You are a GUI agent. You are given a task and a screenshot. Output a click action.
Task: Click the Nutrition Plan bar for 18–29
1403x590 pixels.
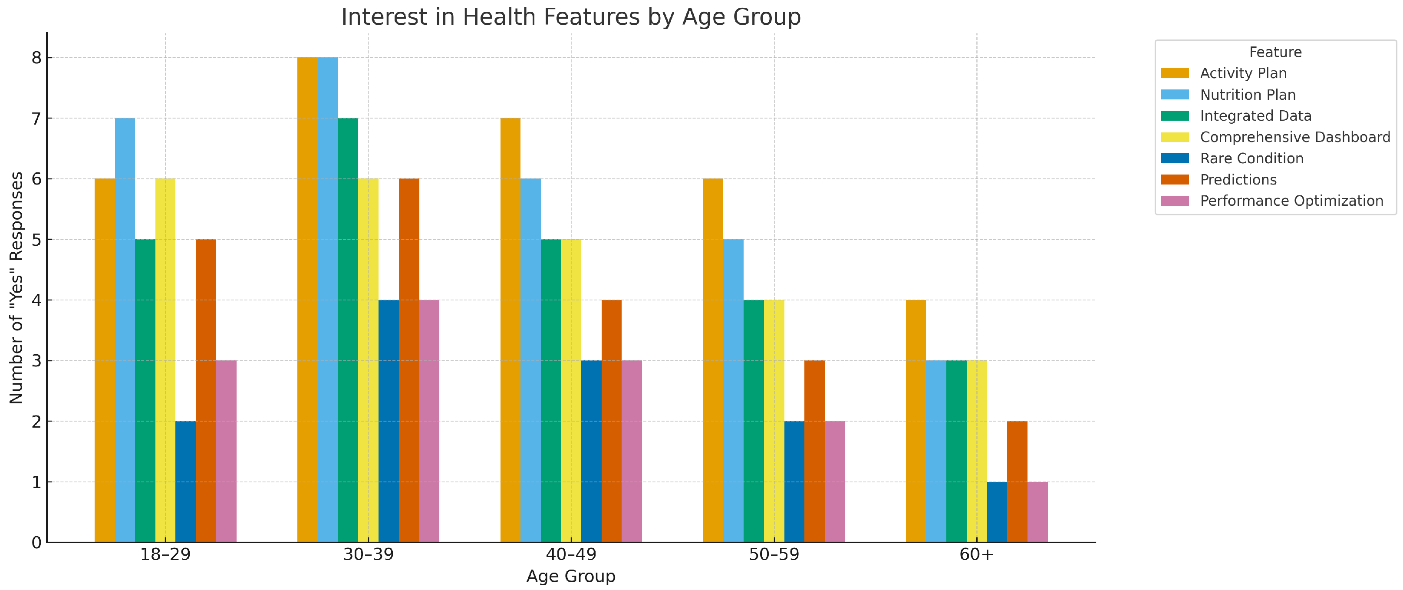pos(125,330)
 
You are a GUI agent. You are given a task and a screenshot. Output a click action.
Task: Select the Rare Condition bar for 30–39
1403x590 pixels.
pos(389,421)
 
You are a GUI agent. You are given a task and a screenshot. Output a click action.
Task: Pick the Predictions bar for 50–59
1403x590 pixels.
pos(814,451)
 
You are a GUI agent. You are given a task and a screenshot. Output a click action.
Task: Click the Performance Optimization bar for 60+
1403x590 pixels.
pos(1037,512)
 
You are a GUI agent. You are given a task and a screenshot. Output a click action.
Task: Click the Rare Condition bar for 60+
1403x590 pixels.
pos(997,512)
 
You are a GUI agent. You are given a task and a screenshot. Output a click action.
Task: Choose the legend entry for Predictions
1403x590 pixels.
pos(1238,180)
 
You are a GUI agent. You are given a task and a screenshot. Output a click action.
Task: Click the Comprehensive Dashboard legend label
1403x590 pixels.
pos(1294,137)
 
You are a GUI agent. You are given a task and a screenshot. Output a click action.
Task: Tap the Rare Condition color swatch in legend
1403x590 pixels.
pos(1175,158)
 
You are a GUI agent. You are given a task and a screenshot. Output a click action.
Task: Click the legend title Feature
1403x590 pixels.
pos(1275,52)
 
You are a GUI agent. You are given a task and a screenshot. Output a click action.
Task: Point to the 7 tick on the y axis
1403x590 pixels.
pos(36,118)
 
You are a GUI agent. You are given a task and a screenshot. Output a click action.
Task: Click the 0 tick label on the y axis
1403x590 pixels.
pos(36,543)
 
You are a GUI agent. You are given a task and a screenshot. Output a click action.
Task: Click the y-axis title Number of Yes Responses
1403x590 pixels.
pos(16,288)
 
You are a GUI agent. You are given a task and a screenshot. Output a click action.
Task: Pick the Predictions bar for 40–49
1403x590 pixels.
pos(611,421)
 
